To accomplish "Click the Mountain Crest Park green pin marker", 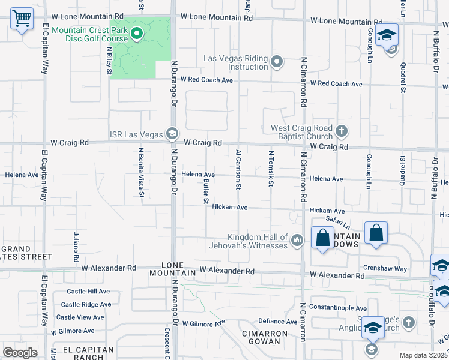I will (137, 33).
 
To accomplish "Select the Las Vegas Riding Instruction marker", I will (277, 61).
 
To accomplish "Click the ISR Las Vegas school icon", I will (172, 133).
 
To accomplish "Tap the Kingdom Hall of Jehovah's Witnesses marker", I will (297, 241).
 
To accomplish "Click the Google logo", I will (20, 353).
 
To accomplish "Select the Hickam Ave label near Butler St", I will (230, 207).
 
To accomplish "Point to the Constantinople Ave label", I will (342, 307).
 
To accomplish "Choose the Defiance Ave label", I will (279, 322).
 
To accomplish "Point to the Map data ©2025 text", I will (423, 355).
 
